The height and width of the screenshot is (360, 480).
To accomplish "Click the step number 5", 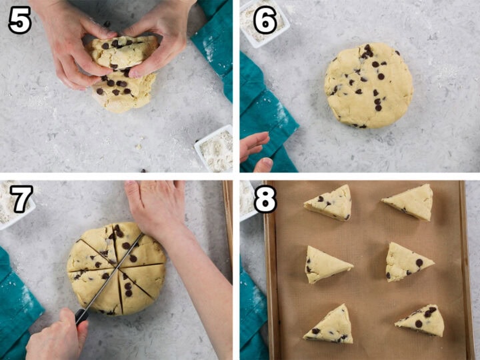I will (x=19, y=21).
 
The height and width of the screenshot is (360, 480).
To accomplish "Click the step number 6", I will (x=265, y=21).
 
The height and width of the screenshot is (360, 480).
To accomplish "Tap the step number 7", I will (x=21, y=198).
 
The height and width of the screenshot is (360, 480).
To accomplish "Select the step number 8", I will (x=265, y=199).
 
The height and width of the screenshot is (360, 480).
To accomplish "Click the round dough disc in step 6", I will (x=368, y=85).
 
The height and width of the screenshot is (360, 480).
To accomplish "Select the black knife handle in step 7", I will (x=81, y=317).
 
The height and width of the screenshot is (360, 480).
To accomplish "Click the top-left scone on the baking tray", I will (x=329, y=202).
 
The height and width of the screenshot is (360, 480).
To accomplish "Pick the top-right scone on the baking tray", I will (x=409, y=202).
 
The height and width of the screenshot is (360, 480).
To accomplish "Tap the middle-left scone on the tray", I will (x=326, y=264).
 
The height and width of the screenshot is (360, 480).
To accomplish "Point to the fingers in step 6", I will (x=255, y=150).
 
